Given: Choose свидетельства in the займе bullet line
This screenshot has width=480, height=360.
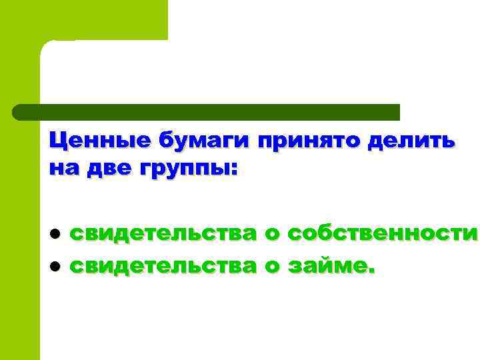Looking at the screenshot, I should [163, 266].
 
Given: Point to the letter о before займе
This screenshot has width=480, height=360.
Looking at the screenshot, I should [272, 267].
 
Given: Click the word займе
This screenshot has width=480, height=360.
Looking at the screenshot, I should [329, 267].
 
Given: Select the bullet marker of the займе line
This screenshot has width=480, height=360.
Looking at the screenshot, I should [57, 266].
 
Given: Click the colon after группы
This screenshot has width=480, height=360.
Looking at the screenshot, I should [233, 169].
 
